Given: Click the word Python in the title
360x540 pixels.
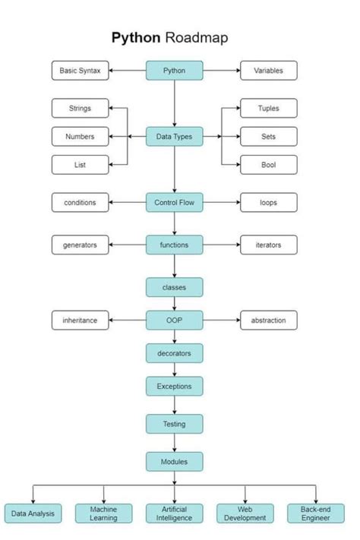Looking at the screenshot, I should [135, 37].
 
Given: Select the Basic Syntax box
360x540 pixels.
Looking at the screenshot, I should [81, 71].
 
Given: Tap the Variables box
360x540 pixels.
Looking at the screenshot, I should [269, 71].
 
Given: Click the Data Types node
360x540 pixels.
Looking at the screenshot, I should [175, 137].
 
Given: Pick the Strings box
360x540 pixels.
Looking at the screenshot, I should [81, 108].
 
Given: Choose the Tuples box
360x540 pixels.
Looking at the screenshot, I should [269, 108].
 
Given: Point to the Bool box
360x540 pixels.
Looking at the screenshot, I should [269, 164].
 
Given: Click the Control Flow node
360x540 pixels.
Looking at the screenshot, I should [175, 202].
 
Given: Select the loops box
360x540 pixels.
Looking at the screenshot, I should [269, 202].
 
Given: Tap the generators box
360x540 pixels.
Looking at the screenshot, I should [81, 245].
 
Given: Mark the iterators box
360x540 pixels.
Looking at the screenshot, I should [269, 245].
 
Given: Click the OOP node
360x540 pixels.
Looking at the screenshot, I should [175, 320].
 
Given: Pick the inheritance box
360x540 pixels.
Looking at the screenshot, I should [81, 320].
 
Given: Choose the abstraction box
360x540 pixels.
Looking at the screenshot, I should [269, 320].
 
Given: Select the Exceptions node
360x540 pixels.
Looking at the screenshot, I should [175, 386].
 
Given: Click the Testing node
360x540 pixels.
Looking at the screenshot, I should [175, 423].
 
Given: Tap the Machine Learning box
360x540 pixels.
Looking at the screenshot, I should [103, 513].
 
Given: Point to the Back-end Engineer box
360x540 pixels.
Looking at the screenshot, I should [315, 513].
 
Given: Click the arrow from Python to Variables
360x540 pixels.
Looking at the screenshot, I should [222, 71].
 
